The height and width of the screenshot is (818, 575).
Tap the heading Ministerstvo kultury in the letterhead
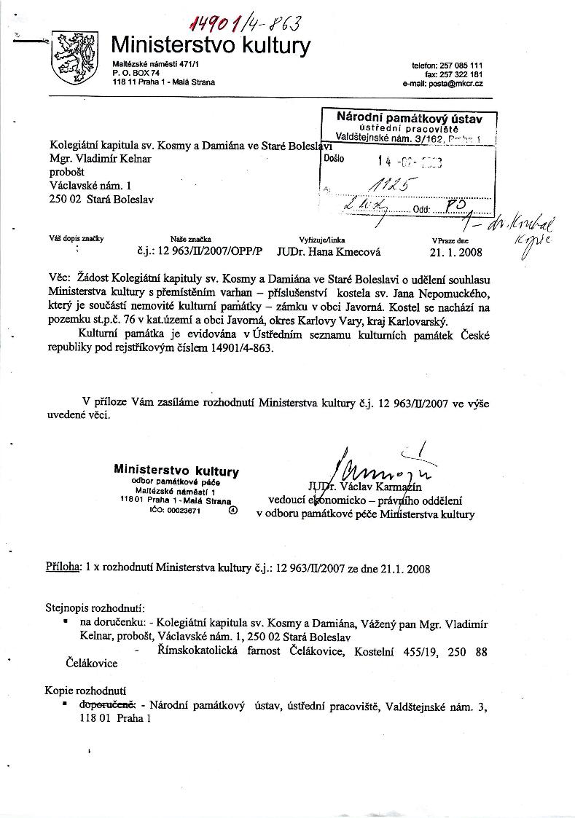click(211, 46)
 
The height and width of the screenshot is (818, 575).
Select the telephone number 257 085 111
click(462, 66)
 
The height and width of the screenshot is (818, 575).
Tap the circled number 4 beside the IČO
click(232, 511)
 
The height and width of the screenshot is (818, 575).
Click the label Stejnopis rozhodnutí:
click(94, 607)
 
